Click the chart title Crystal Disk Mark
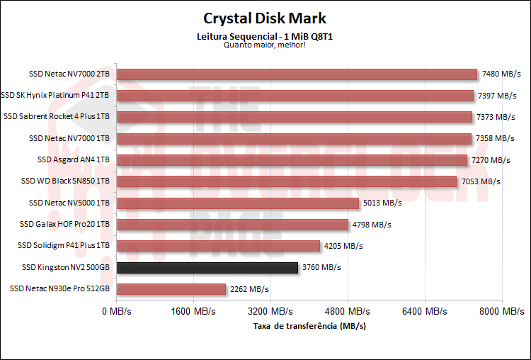[265, 18]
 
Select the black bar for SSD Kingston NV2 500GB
[207, 268]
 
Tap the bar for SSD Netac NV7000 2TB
[297, 74]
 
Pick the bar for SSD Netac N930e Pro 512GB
[171, 289]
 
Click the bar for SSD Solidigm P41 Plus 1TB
[218, 246]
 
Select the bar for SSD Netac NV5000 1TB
[237, 203]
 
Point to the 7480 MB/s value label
[501, 74]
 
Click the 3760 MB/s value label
[321, 268]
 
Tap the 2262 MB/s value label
[249, 289]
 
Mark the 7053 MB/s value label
[481, 181]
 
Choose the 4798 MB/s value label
[372, 225]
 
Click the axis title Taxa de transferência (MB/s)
[310, 325]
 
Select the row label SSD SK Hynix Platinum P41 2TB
[56, 95]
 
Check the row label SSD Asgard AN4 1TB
[74, 160]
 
